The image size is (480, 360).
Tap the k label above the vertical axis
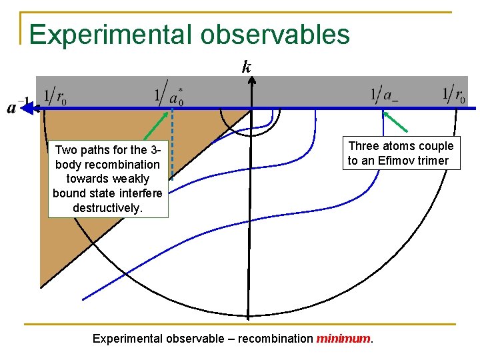[247, 67]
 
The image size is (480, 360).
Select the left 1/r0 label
[55, 97]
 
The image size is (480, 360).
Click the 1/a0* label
[169, 97]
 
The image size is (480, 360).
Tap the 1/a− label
[385, 96]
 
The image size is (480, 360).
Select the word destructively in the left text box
[108, 208]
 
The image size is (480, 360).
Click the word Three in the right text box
[364, 146]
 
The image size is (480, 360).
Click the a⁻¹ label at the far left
[17, 107]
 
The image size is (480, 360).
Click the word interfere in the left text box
[139, 193]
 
